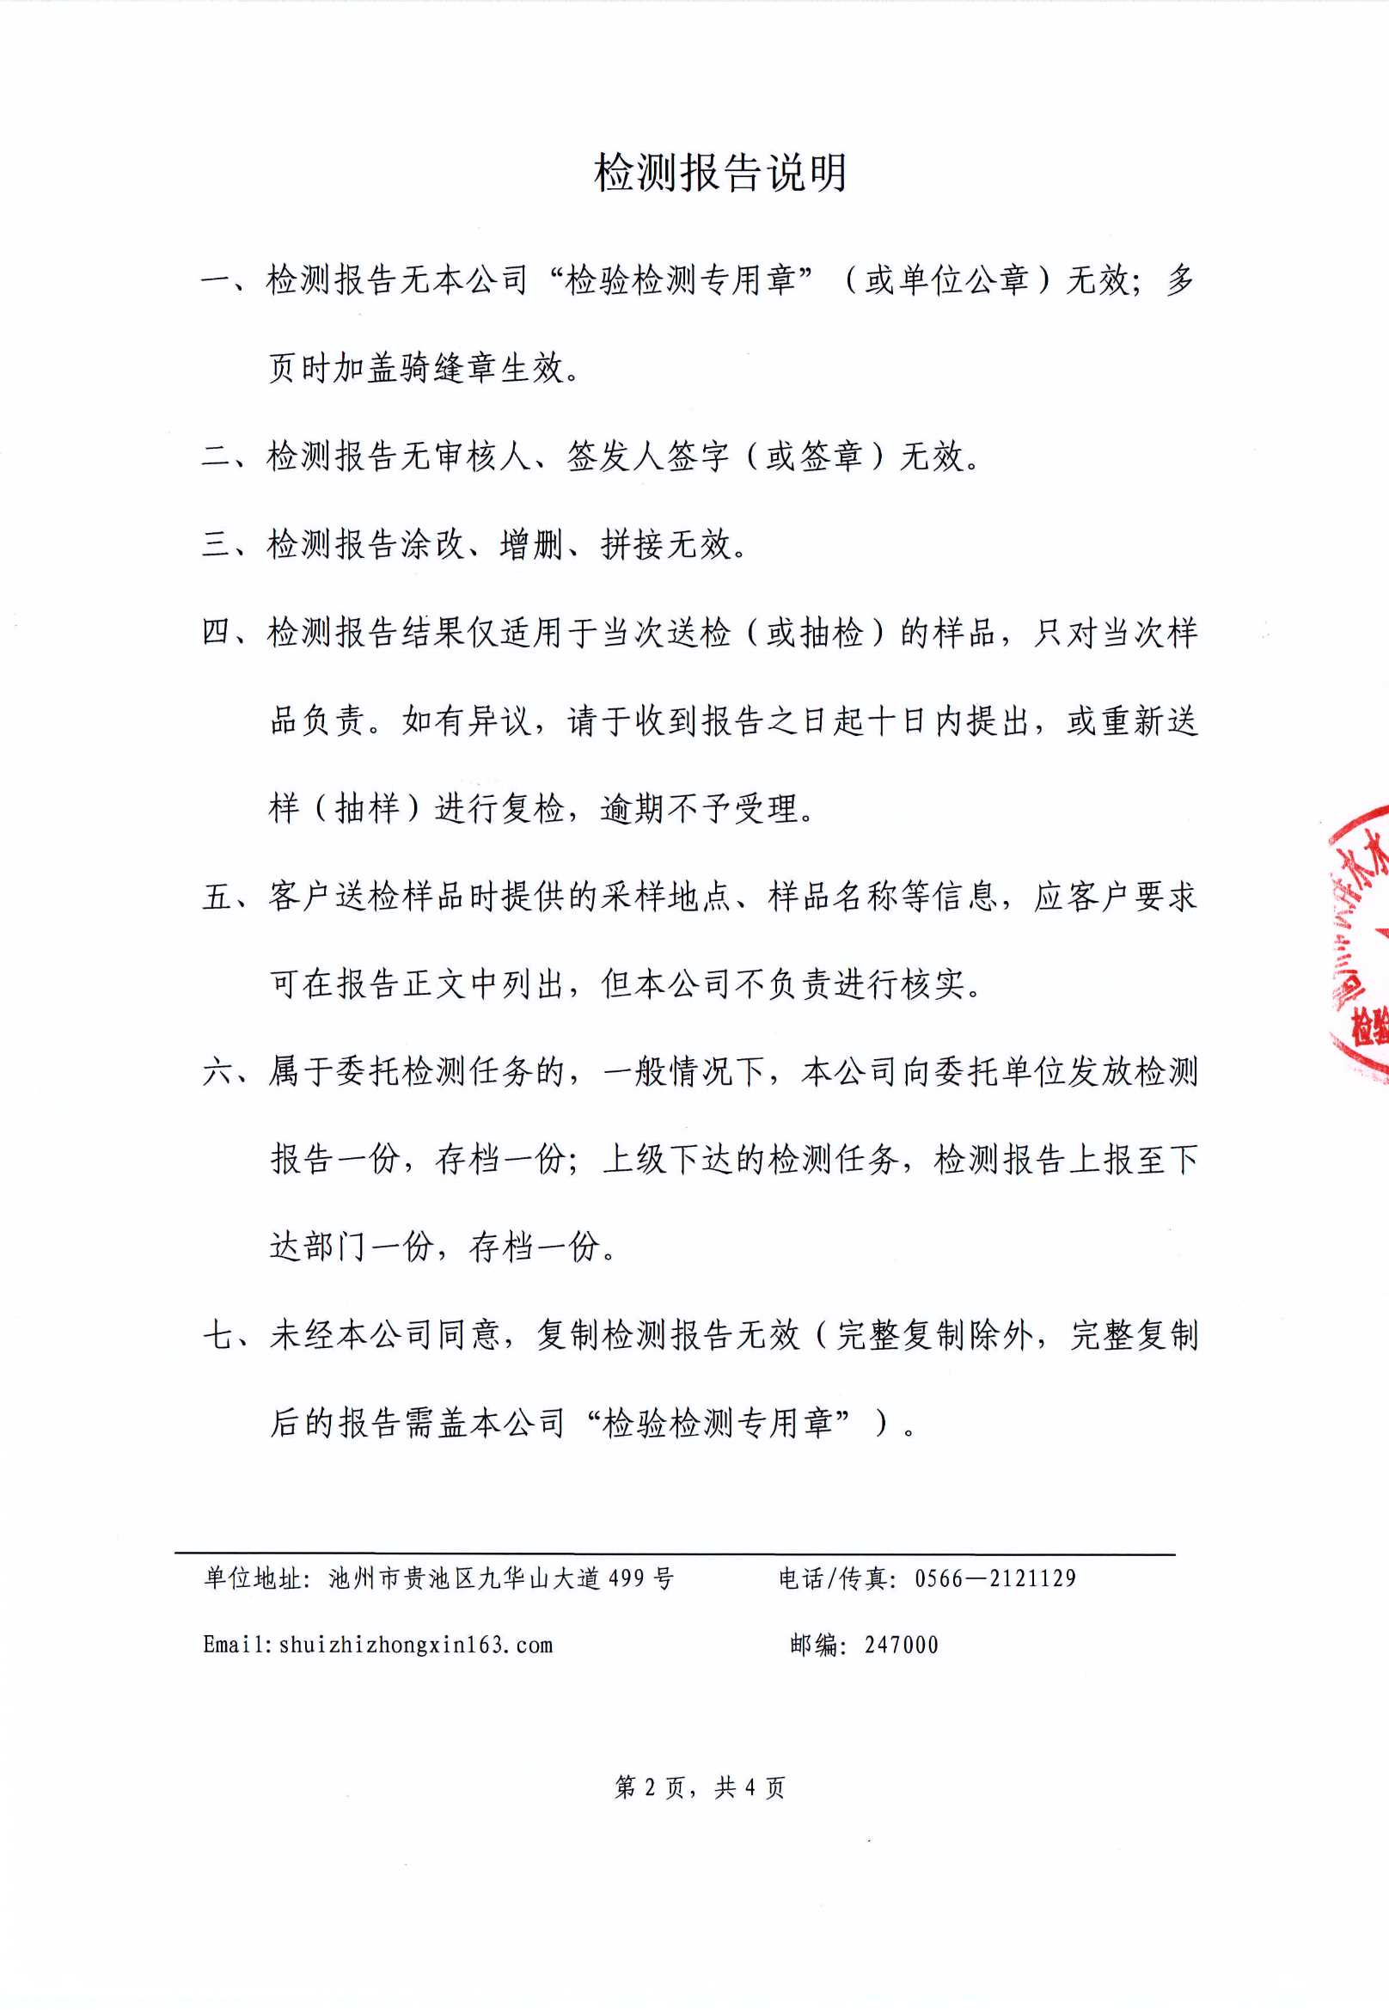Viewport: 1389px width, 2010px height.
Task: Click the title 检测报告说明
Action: pyautogui.click(x=719, y=172)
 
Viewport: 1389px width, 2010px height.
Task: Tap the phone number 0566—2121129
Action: pyautogui.click(x=994, y=1578)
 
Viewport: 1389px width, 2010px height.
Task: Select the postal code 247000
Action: pyautogui.click(x=901, y=1645)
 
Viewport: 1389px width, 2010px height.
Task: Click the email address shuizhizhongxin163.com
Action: pyautogui.click(x=415, y=1645)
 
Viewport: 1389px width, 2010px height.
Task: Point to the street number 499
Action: pyautogui.click(x=627, y=1578)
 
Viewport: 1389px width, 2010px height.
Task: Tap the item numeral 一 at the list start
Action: pyautogui.click(x=215, y=280)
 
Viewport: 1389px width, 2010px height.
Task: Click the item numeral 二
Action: pyautogui.click(x=215, y=457)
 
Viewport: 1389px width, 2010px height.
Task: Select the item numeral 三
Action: pyautogui.click(x=215, y=544)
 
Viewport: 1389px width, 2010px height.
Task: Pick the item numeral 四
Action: pyautogui.click(x=215, y=632)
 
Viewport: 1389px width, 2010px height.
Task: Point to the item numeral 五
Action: pyautogui.click(x=215, y=896)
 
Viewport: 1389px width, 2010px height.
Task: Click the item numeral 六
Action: pyautogui.click(x=215, y=1071)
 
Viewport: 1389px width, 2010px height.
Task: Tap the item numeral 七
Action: pyautogui.click(x=215, y=1334)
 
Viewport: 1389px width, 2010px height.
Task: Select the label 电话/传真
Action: pyautogui.click(x=833, y=1578)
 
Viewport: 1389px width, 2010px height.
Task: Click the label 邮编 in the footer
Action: pyautogui.click(x=814, y=1645)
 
